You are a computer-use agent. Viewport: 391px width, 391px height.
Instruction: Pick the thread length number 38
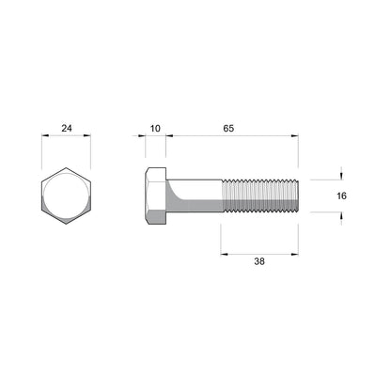tap(260, 263)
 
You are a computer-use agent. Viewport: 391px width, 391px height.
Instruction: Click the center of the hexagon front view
tap(67, 196)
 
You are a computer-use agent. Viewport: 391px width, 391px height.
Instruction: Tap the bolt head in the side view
tap(155, 196)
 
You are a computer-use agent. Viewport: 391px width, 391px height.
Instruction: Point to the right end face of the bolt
tap(298, 196)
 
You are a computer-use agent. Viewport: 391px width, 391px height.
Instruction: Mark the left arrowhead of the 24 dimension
tap(44, 136)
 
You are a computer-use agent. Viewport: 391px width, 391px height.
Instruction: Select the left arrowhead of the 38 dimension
tap(224, 252)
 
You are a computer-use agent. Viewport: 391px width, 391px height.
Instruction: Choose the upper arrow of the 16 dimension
tap(340, 175)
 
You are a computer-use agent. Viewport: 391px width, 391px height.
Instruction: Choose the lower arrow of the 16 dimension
tap(340, 217)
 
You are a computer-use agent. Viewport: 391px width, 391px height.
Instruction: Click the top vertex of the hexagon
tap(67, 169)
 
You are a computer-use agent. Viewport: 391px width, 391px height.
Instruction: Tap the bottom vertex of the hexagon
tap(67, 224)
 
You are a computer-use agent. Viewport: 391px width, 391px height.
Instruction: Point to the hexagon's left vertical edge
tap(43, 196)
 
